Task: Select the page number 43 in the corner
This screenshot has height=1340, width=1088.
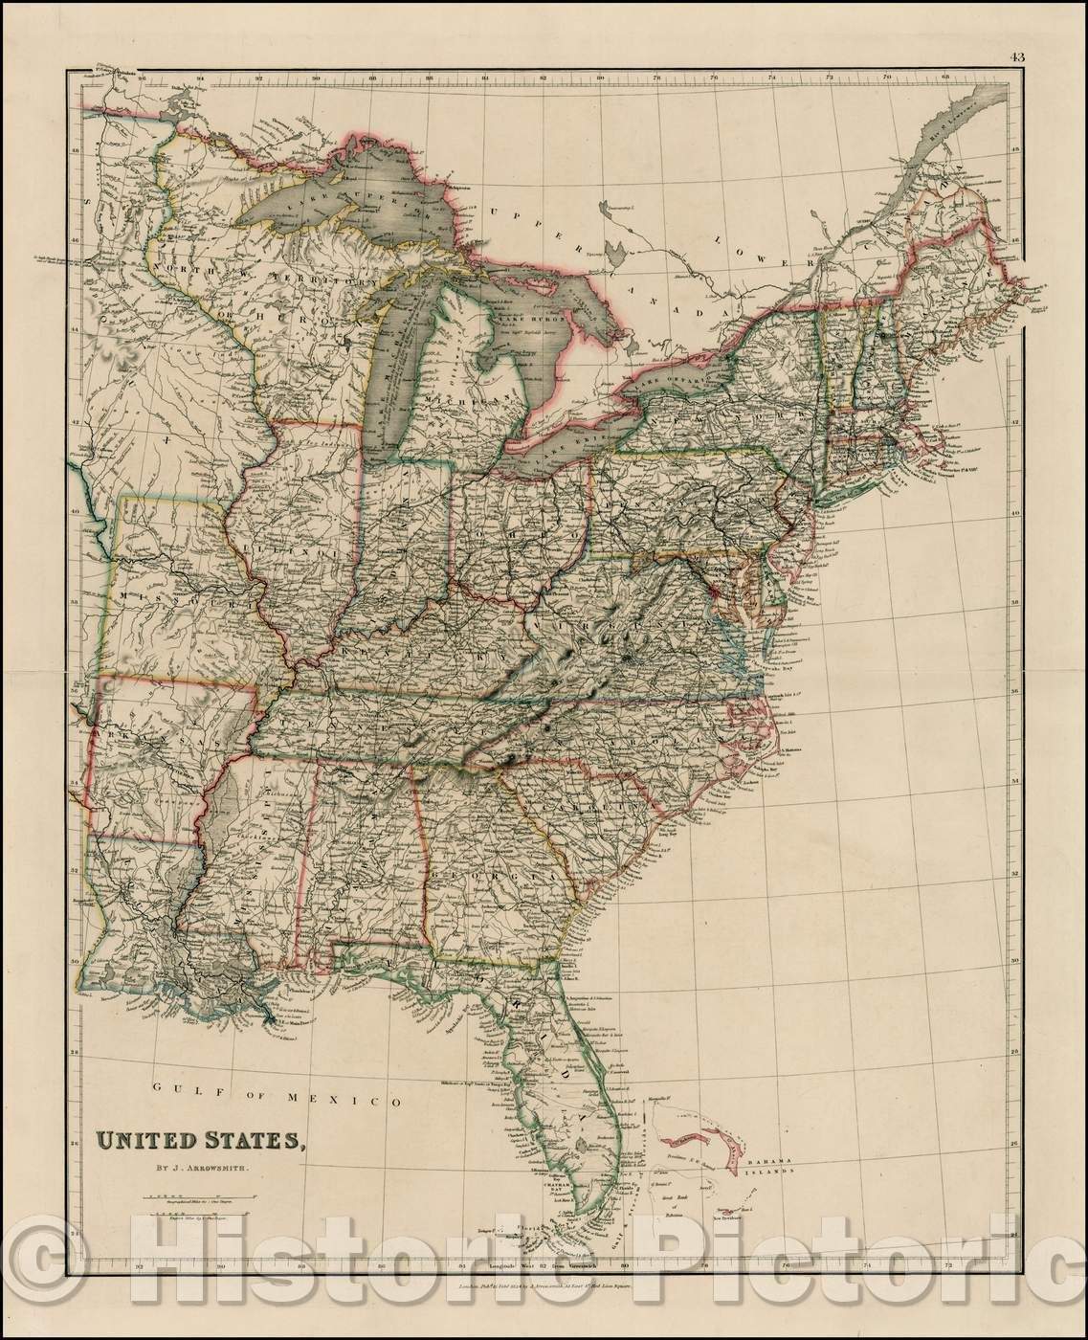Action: (x=1016, y=56)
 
